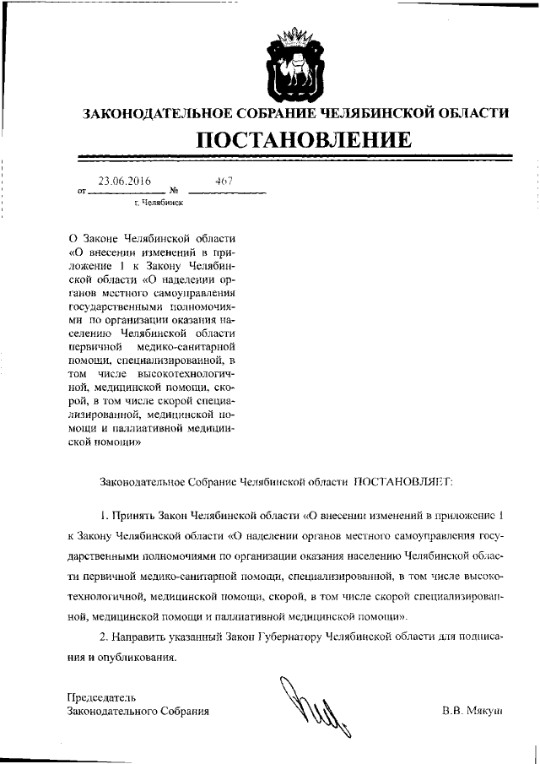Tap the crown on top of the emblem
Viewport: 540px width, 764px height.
pyautogui.click(x=294, y=36)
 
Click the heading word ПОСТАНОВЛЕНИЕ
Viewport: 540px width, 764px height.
pyautogui.click(x=305, y=138)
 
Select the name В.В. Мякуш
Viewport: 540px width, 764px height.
pyautogui.click(x=472, y=712)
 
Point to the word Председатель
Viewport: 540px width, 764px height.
pyautogui.click(x=101, y=696)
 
